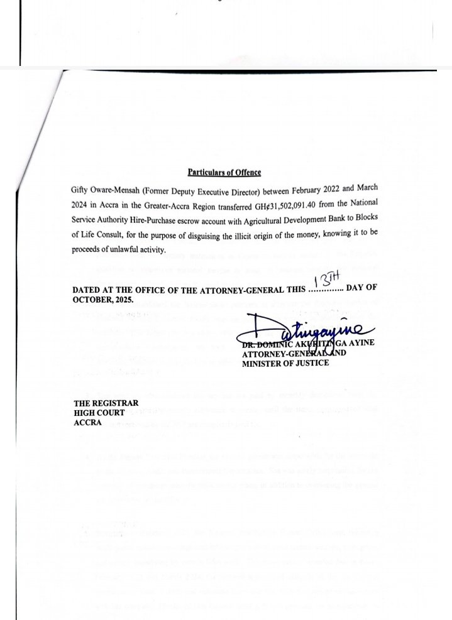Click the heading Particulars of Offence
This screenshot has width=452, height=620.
[224, 172]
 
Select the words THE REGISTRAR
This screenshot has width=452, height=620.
[101, 403]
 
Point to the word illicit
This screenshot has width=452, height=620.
[240, 235]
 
